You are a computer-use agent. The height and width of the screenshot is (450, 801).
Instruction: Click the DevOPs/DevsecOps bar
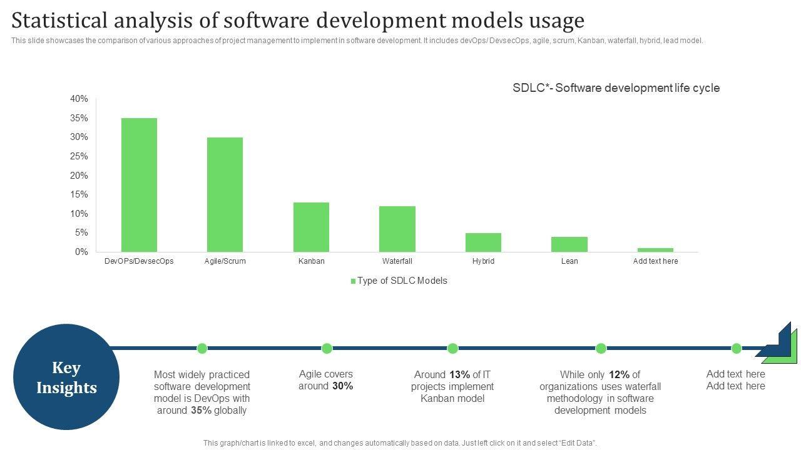pyautogui.click(x=139, y=185)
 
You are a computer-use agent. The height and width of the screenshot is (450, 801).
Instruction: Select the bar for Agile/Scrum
pyautogui.click(x=225, y=194)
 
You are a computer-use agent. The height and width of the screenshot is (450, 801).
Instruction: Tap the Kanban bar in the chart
pyautogui.click(x=311, y=227)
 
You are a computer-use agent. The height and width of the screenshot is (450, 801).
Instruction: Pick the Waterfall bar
pyautogui.click(x=397, y=229)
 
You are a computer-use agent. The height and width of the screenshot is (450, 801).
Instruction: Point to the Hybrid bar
pyautogui.click(x=483, y=242)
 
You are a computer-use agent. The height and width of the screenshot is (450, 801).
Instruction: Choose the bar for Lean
pyautogui.click(x=569, y=244)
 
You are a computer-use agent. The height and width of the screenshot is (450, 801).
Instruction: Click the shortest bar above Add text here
pyautogui.click(x=655, y=250)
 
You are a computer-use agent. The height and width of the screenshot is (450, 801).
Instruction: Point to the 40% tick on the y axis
pyautogui.click(x=79, y=99)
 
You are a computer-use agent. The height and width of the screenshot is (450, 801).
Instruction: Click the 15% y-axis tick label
pyautogui.click(x=79, y=194)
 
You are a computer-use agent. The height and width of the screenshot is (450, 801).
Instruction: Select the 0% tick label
pyautogui.click(x=82, y=252)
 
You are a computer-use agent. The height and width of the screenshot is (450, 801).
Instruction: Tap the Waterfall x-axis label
pyautogui.click(x=397, y=261)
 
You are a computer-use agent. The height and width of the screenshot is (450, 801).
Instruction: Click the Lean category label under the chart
pyautogui.click(x=569, y=261)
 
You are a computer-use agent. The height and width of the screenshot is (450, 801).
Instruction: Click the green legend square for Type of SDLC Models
pyautogui.click(x=353, y=281)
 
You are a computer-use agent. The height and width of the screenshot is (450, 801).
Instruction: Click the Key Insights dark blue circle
pyautogui.click(x=66, y=377)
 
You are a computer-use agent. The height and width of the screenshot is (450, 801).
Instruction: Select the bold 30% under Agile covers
pyautogui.click(x=342, y=386)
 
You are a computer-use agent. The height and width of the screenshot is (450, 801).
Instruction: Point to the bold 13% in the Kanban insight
pyautogui.click(x=459, y=375)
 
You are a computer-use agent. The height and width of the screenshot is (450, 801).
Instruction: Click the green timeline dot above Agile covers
pyautogui.click(x=327, y=348)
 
